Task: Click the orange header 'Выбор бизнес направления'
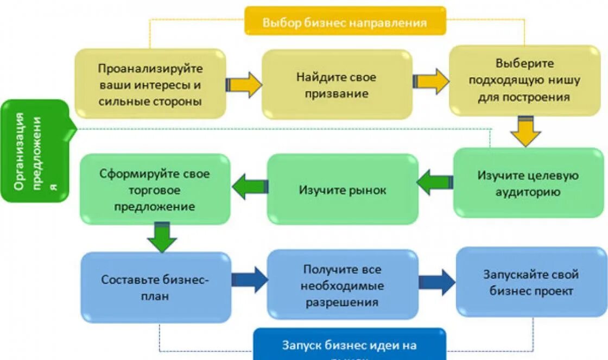(345, 22)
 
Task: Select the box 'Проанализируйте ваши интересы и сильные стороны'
(150, 84)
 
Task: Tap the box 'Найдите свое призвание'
(337, 85)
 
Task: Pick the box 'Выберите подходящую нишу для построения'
(524, 80)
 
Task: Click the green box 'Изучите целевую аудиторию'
(528, 183)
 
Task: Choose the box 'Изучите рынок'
(343, 190)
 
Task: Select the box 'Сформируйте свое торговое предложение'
(155, 190)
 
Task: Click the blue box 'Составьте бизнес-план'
(156, 287)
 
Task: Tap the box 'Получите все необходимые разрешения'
(343, 285)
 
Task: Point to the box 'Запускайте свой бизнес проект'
(531, 282)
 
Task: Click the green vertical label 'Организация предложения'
(35, 151)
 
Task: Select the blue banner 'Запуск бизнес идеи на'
(349, 345)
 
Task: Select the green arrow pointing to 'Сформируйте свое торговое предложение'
(250, 187)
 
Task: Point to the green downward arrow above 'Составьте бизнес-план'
(162, 237)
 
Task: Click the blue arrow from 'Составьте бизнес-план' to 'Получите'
(250, 280)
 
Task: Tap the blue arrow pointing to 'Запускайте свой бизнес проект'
(437, 282)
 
